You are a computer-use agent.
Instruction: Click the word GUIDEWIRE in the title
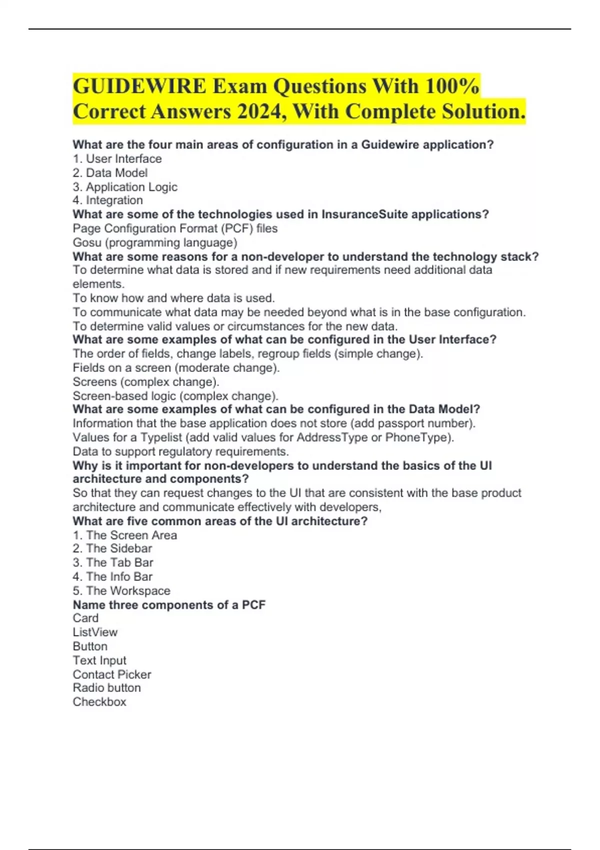coord(139,86)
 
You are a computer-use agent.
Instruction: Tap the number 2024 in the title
coord(259,111)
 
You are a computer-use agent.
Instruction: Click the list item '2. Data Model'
coord(110,173)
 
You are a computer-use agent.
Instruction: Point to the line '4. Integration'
coord(107,200)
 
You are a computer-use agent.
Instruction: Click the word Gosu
coord(87,242)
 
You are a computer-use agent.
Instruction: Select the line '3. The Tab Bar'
coord(113,562)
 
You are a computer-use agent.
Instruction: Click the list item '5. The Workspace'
coord(121,590)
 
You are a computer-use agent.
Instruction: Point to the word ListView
coord(95,632)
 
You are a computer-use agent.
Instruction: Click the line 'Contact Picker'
coord(111,674)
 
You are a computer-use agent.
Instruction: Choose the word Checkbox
coord(99,702)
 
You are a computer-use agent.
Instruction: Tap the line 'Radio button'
coord(106,688)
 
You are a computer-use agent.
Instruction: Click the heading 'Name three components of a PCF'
coord(169,605)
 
